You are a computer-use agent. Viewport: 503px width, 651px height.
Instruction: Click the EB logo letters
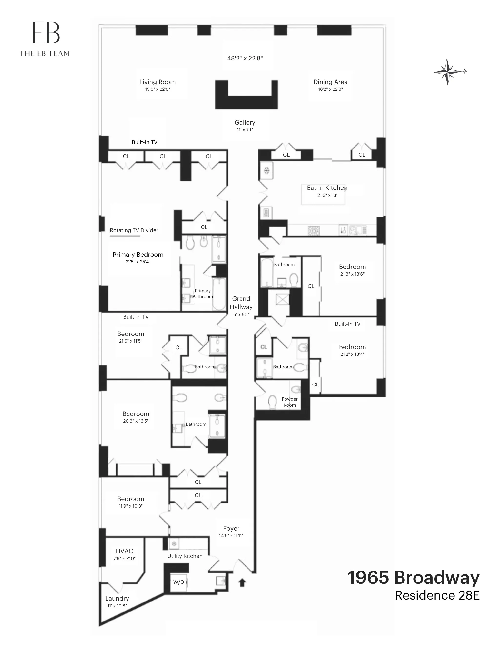46,33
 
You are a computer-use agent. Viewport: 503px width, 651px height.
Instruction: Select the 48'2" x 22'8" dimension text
245,59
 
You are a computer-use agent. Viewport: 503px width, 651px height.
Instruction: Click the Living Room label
158,82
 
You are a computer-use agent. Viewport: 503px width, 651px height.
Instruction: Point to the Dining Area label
330,82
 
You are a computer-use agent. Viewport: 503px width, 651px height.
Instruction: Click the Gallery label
245,122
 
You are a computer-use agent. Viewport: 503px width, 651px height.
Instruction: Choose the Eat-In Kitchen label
327,188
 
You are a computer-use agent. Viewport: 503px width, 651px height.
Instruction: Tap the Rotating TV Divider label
134,230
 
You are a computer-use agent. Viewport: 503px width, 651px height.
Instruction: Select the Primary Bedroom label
138,255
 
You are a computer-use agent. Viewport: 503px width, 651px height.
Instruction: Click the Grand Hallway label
241,303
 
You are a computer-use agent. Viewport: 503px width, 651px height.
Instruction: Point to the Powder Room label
289,402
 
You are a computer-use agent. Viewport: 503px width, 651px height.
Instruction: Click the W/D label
179,582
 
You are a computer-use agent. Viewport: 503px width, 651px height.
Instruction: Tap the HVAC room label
124,551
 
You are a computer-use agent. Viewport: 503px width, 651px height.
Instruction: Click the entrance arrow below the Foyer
242,582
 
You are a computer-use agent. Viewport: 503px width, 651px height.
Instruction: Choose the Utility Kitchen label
185,556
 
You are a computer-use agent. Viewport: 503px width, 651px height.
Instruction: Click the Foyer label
231,529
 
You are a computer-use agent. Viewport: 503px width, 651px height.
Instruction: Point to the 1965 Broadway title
413,577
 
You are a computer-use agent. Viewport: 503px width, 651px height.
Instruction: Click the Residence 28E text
437,595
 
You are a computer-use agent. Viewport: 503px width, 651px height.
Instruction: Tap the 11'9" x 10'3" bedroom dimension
131,506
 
